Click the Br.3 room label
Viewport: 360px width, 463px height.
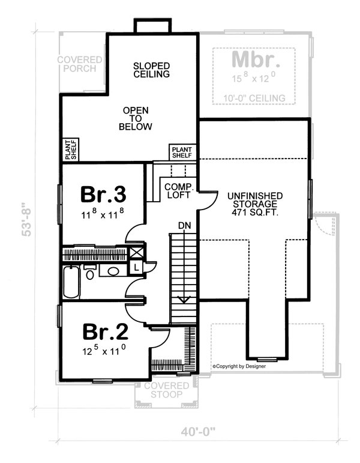tap(103, 195)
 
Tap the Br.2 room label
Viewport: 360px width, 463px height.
tap(104, 331)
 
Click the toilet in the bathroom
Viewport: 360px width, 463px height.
tap(89, 274)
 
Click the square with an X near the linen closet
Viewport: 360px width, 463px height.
tap(137, 253)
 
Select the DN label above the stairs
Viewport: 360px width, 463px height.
tap(184, 225)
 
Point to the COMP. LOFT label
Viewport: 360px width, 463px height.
tap(178, 190)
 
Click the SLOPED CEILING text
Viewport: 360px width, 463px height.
tap(151, 70)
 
